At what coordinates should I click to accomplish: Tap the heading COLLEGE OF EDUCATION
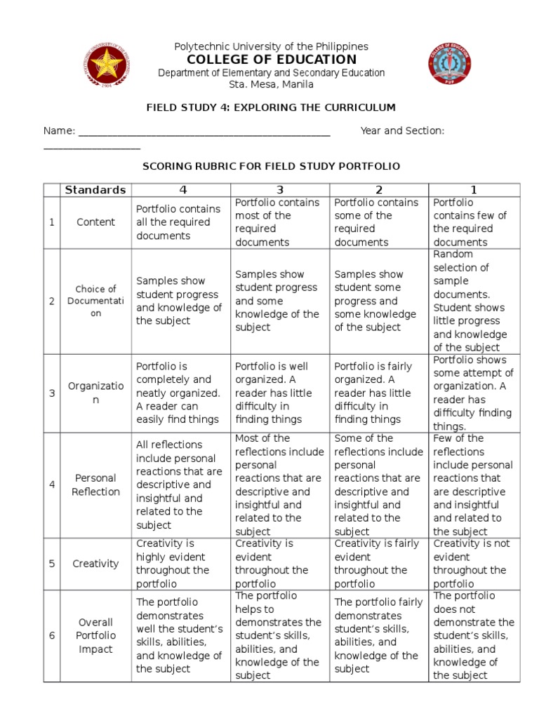tap(271, 60)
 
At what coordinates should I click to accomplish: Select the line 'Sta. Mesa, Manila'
tap(271, 85)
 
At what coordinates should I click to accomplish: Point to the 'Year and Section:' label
tap(402, 131)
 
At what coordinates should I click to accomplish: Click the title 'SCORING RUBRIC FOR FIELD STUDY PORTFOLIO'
tap(271, 166)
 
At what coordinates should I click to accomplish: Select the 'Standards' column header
tap(95, 190)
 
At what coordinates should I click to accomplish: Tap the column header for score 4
tap(182, 190)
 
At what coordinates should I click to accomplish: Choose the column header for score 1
tap(474, 190)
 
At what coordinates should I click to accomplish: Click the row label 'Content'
tap(95, 222)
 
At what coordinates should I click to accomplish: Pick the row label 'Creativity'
tap(95, 564)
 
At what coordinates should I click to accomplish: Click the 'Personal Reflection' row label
tap(95, 485)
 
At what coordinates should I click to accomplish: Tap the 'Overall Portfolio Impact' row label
tap(95, 635)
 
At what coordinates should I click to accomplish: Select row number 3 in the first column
tap(52, 393)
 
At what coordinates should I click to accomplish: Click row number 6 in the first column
tap(52, 635)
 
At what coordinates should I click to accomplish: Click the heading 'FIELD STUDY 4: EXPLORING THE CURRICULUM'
tap(271, 107)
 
